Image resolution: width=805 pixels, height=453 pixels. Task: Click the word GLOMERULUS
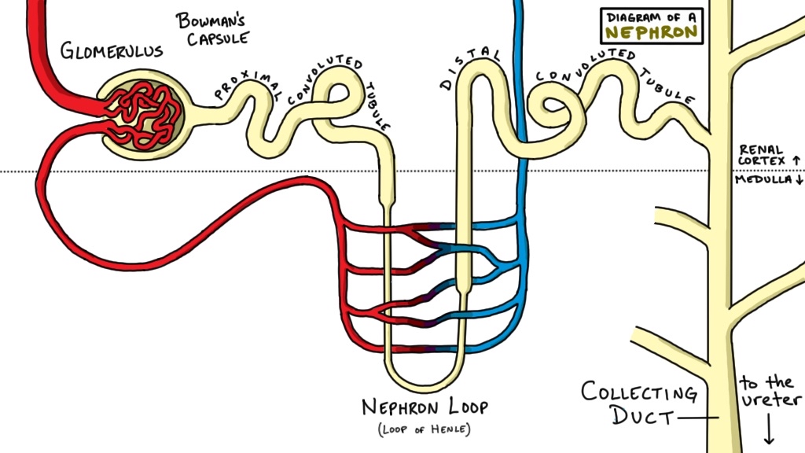click(111, 52)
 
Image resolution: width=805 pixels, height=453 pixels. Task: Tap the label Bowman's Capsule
click(211, 29)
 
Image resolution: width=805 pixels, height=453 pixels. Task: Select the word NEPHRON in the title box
click(651, 32)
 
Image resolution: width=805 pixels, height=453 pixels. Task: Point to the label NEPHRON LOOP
click(425, 407)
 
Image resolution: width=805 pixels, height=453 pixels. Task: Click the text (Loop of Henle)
click(425, 429)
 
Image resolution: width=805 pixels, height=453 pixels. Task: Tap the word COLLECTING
click(638, 392)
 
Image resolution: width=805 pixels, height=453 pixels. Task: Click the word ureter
click(770, 402)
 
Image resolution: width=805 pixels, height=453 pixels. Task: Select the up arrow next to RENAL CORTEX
click(796, 160)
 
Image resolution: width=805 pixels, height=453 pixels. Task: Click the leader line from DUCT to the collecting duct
click(700, 418)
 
